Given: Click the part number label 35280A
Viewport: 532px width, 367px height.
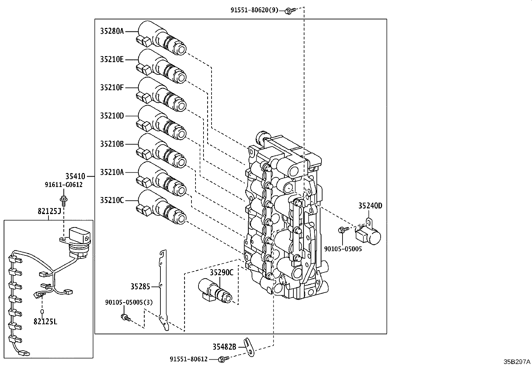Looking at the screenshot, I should pos(112,31).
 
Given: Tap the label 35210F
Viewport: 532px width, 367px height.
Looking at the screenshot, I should pos(112,87).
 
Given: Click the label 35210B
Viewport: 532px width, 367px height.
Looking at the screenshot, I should pos(112,144).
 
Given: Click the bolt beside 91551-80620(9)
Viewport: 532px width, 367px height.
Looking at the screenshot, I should pos(288,10).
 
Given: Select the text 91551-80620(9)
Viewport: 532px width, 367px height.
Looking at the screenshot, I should pos(254,10).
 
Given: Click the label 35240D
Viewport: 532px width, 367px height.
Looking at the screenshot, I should pos(370,206).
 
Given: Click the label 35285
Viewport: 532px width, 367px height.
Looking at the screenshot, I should pos(140,286).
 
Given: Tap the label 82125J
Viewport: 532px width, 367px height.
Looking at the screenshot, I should pos(49,211).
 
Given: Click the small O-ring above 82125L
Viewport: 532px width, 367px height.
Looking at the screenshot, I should pos(42,312).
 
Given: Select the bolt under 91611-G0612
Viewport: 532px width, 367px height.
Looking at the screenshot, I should pos(63,200).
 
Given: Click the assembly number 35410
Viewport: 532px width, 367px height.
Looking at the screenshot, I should pos(75,176).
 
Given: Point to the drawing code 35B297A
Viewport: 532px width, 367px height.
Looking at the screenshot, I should pos(517,362).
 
